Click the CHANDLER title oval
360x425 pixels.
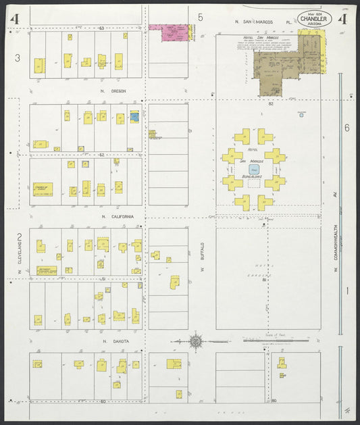(314, 20)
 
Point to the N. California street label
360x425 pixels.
(117, 216)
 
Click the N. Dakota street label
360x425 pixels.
(115, 341)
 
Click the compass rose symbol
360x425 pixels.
(195, 341)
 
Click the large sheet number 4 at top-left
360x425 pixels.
(14, 19)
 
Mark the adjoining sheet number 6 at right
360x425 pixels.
(346, 128)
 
